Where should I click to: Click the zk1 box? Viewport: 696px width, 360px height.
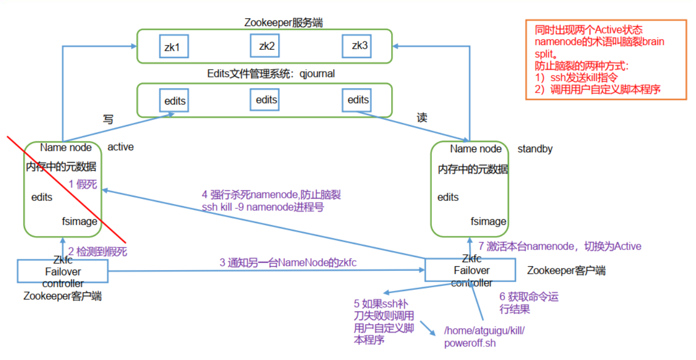[173, 47]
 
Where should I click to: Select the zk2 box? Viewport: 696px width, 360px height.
[266, 46]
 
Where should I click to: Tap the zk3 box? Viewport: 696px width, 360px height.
[359, 46]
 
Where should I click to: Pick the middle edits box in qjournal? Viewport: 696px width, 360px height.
[266, 99]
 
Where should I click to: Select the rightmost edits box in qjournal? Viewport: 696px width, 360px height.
[358, 100]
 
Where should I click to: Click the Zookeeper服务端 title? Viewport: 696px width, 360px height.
[283, 22]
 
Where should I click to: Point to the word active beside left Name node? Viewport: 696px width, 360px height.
[120, 147]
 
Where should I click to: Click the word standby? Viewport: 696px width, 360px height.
[534, 149]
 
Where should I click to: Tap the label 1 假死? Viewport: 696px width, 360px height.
[83, 184]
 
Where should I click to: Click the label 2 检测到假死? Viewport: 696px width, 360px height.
[97, 252]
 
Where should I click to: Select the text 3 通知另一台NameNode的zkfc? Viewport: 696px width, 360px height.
[288, 263]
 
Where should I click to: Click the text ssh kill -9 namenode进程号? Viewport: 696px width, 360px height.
[263, 207]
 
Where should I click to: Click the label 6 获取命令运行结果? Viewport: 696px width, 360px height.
[529, 303]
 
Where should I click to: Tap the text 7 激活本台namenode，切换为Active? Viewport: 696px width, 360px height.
[560, 246]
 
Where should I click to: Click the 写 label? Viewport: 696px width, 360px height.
[108, 119]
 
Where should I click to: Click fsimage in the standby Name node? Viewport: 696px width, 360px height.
[488, 221]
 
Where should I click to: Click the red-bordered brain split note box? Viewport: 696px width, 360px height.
[606, 60]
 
